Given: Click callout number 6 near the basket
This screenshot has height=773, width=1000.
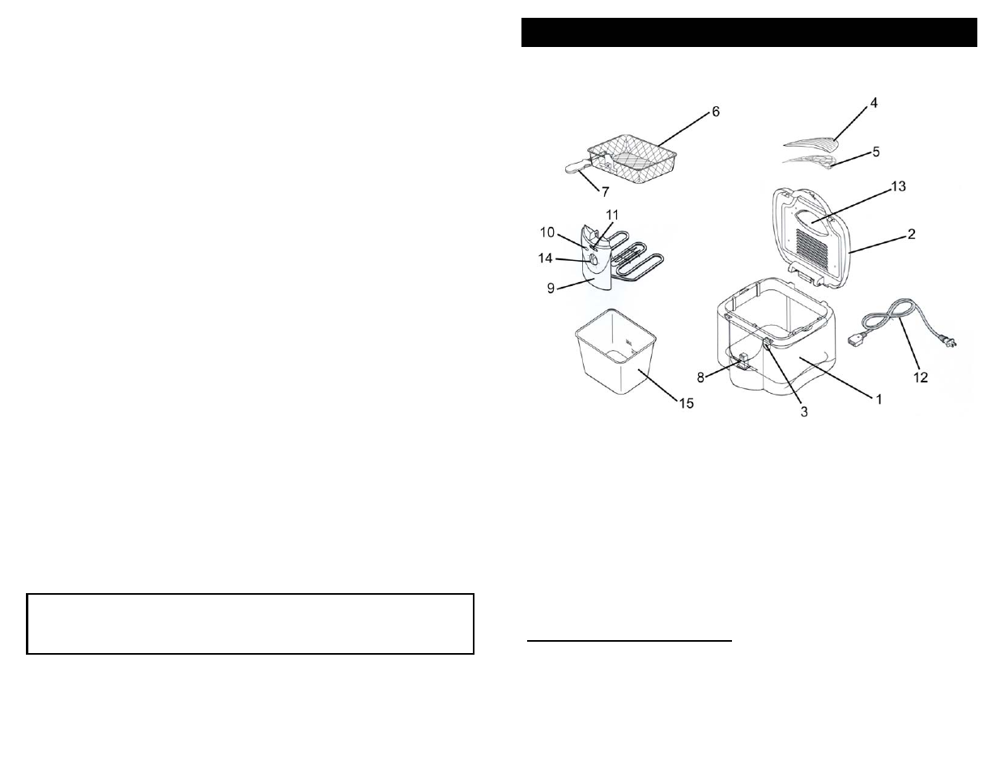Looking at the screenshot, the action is (x=715, y=111).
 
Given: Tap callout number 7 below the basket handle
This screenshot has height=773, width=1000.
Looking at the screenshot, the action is (x=603, y=190).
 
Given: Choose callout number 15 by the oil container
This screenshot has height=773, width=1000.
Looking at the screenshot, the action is (x=686, y=404).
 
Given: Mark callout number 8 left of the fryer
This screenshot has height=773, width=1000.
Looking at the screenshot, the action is (x=701, y=377).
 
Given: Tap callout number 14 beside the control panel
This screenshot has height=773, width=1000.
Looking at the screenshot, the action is (x=556, y=258).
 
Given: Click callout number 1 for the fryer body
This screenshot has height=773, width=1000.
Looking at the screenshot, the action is (x=878, y=399).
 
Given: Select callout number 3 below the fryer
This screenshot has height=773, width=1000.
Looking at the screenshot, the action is (x=804, y=412).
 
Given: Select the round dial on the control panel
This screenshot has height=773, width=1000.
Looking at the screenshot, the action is (x=592, y=260).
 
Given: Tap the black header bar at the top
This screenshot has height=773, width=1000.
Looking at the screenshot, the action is (x=748, y=32).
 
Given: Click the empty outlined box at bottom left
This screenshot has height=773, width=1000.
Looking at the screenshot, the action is (x=249, y=623).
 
